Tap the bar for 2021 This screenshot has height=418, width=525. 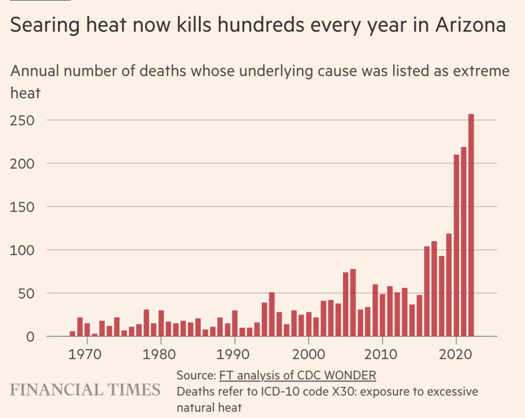[x=464, y=242]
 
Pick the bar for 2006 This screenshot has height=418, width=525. [x=353, y=303]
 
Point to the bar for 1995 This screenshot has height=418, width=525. [x=271, y=314]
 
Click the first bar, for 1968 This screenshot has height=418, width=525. [x=72, y=334]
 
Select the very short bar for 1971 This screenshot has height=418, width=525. [x=94, y=335]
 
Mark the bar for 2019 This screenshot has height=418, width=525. [x=449, y=285]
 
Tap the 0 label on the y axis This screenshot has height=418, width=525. [x=30, y=337]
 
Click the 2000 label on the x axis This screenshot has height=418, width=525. [x=309, y=354]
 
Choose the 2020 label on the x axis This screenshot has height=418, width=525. [x=456, y=354]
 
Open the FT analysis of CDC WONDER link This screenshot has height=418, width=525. [x=297, y=375]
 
